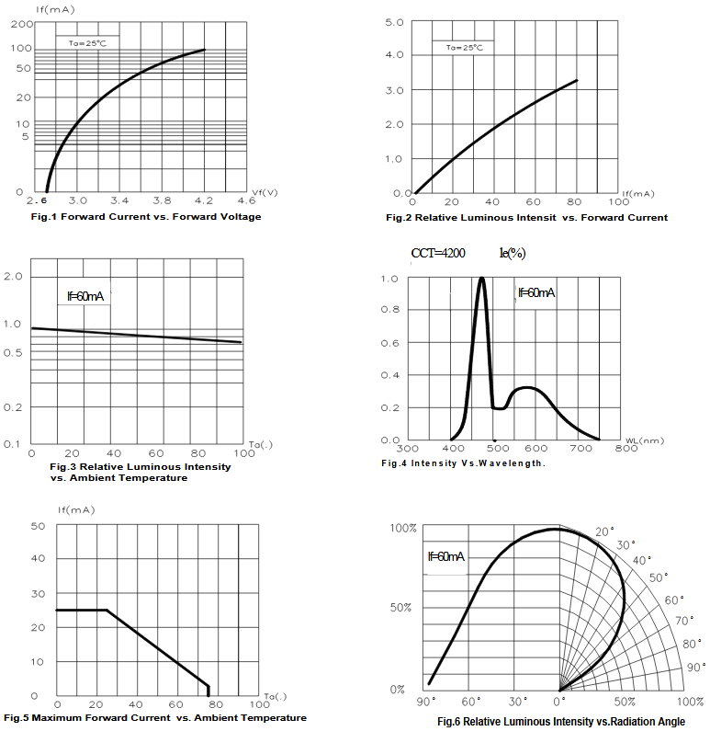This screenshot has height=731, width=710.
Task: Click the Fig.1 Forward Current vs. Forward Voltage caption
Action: click(146, 217)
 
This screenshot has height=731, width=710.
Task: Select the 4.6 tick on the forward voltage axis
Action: click(246, 200)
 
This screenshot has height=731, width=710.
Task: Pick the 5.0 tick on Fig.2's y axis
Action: click(394, 21)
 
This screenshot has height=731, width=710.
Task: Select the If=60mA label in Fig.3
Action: click(85, 296)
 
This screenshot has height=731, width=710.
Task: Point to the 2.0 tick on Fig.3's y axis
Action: click(15, 276)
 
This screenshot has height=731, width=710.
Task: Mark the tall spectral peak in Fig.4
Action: click(481, 279)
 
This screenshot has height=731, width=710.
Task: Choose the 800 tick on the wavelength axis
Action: click(625, 449)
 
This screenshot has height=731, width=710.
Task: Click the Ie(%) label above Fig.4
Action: click(512, 253)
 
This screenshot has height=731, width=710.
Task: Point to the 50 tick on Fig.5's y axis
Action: click(38, 526)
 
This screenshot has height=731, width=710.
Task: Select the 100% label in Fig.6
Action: click(404, 529)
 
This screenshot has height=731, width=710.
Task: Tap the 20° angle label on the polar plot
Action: click(603, 531)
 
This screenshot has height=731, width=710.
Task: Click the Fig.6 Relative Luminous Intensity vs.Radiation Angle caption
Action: click(560, 722)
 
